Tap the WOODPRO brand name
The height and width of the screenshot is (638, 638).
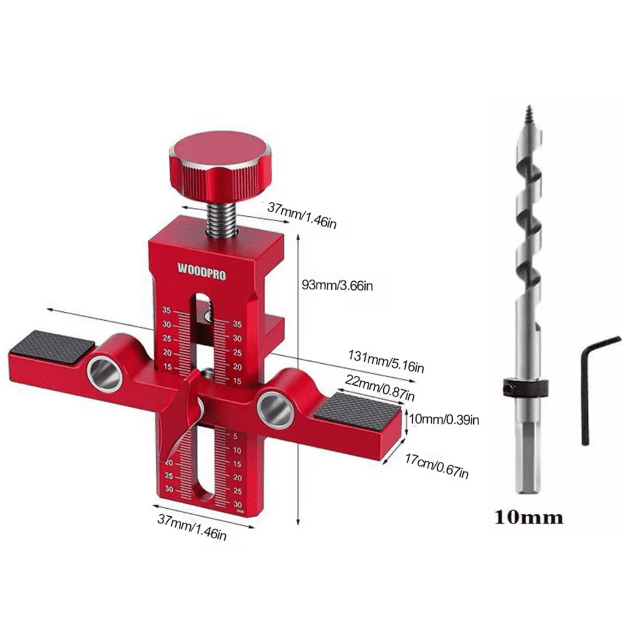(x=201, y=271)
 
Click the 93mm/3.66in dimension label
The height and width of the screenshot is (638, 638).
(x=337, y=285)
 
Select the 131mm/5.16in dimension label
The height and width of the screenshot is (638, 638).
(x=385, y=361)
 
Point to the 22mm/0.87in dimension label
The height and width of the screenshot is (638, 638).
(x=380, y=388)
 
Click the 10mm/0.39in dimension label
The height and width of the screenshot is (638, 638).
(x=444, y=419)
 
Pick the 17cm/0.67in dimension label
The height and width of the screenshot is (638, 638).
(x=437, y=466)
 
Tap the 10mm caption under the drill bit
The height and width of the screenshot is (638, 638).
(x=529, y=517)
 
